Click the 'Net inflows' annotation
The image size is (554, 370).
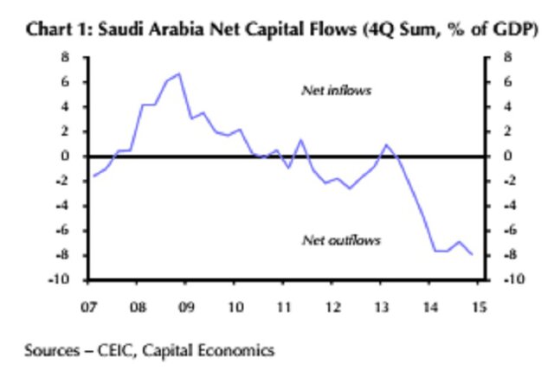(x=336, y=90)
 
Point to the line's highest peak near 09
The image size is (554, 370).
(x=178, y=73)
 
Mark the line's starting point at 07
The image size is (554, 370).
(x=93, y=176)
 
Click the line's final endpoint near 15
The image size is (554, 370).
(x=472, y=254)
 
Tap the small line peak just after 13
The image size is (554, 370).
(x=386, y=144)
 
